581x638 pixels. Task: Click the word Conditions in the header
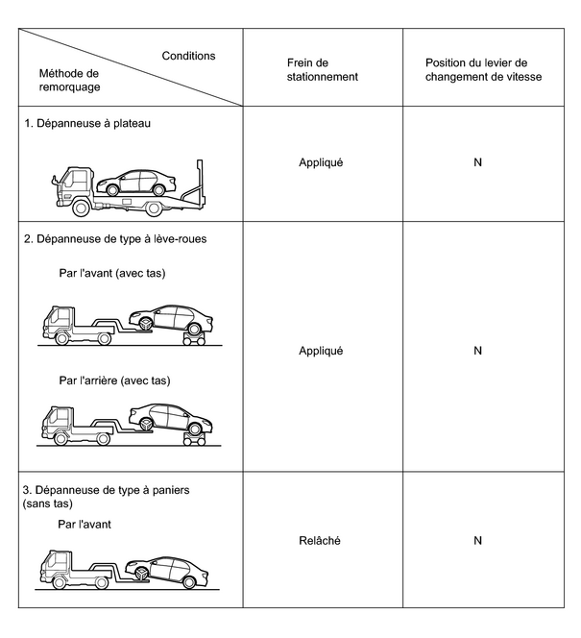[x=188, y=56]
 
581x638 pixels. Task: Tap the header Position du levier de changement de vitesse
[x=483, y=69]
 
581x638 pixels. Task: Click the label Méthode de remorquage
[x=69, y=80]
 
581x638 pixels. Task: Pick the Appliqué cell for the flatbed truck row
[x=321, y=162]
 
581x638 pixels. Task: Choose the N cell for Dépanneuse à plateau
[x=477, y=162]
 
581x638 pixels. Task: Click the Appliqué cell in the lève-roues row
[x=321, y=351]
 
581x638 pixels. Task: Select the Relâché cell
[x=321, y=540]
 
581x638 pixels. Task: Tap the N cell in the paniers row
[x=477, y=540]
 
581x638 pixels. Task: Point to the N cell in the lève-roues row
[x=477, y=351]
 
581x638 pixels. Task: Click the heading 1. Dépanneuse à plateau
[x=88, y=123]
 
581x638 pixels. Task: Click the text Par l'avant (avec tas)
[x=112, y=273]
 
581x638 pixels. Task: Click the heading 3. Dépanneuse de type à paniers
[x=106, y=490]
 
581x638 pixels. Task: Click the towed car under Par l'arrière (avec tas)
[x=170, y=418]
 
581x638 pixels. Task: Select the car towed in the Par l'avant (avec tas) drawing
[x=171, y=318]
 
